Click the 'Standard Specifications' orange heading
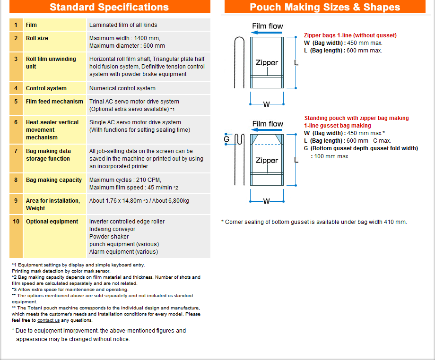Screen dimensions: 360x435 coord(109,7)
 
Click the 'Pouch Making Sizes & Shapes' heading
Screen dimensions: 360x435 coord(325,7)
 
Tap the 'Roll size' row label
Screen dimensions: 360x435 coord(37,38)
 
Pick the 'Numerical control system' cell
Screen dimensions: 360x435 coord(122,88)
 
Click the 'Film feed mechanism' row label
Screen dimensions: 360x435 coord(54,102)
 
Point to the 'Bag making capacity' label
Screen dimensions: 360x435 coord(54,180)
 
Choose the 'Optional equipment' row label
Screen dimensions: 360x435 coord(52,222)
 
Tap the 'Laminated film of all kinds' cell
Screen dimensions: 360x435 coord(123,25)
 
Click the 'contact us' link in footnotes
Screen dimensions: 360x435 coord(49,320)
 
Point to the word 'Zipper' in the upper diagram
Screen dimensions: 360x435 coord(267,63)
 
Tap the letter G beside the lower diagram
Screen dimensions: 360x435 coord(226,139)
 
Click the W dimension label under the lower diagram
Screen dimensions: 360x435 coord(266,201)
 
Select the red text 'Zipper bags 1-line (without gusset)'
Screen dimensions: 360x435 coord(350,35)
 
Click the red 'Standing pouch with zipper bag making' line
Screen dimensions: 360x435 coord(357,118)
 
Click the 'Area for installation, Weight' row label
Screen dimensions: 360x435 coord(53,205)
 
